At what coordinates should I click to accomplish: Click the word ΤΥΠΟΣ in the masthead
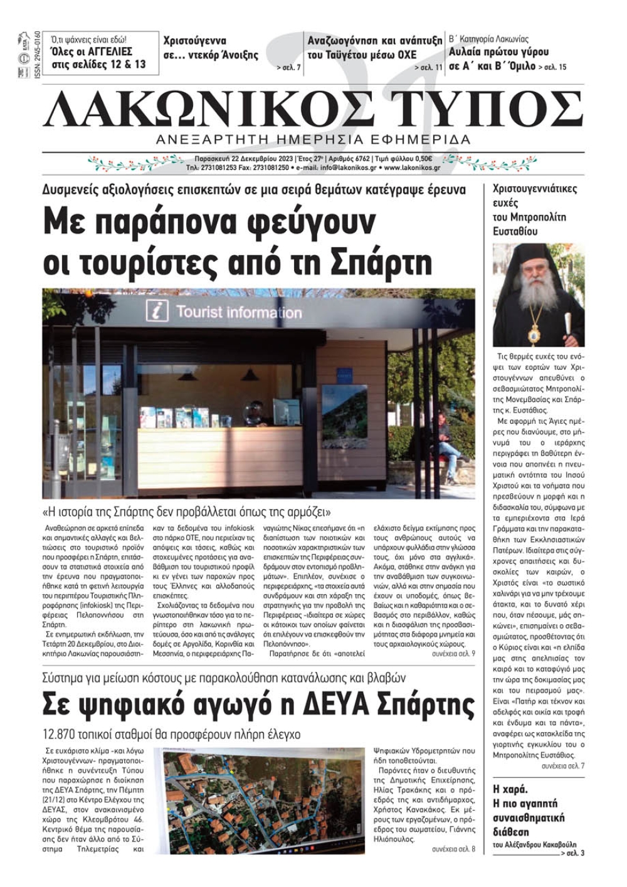pos(486,110)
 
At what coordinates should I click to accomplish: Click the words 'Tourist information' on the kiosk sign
pos(238,312)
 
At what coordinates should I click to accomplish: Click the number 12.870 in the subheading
pos(61,734)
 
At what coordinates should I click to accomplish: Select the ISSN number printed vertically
pos(37,54)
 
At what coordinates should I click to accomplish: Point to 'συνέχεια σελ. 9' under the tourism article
pos(453,654)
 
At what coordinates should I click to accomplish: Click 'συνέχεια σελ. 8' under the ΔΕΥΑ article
pos(453,849)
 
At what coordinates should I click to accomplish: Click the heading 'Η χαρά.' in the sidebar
pos(511,789)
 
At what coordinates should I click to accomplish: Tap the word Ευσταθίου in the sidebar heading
pos(516,231)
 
